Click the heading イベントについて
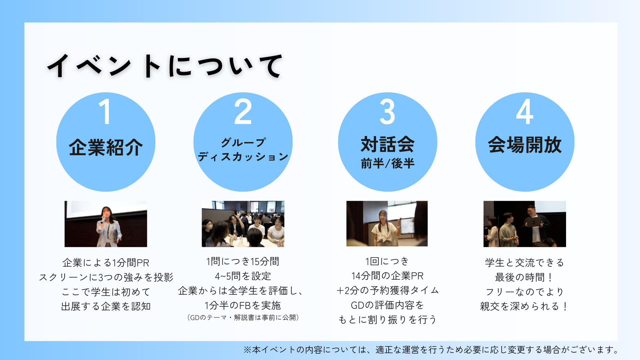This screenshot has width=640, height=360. (165, 66)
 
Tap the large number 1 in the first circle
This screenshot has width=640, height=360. (105, 112)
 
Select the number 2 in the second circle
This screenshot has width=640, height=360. (243, 112)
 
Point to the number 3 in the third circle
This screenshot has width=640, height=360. (387, 112)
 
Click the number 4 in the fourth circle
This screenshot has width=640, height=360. (525, 112)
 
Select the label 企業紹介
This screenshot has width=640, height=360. (106, 147)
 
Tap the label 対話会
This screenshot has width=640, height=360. (388, 144)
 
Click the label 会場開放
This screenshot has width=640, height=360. (525, 145)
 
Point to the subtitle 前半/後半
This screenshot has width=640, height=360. (388, 163)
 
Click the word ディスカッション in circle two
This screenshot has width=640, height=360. (243, 156)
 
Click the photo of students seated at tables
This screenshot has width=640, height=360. (243, 224)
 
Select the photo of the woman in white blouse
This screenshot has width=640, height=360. (387, 223)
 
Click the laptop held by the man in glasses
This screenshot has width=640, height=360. (532, 222)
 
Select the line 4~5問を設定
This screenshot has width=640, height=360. (243, 276)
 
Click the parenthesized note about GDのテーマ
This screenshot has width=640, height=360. (243, 318)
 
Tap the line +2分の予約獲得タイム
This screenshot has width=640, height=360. (388, 290)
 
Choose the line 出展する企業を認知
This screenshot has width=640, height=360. (106, 306)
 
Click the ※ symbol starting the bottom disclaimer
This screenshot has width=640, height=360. (247, 350)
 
